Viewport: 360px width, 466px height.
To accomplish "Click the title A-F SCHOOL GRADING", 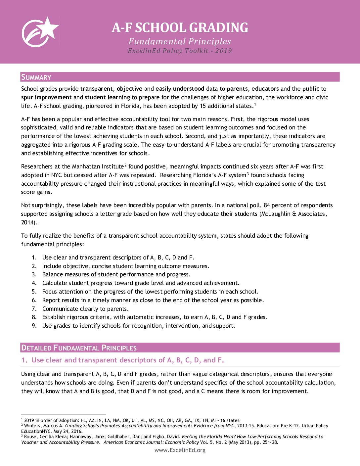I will tap(180, 28).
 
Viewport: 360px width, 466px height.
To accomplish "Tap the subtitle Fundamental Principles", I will tap(180, 41).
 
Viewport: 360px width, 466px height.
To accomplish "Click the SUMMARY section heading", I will tap(36, 77).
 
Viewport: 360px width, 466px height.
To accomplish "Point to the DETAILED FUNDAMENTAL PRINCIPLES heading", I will tap(79, 348).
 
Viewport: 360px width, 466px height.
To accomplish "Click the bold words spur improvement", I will tap(46, 97).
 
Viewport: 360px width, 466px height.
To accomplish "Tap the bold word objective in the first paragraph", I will tap(129, 89).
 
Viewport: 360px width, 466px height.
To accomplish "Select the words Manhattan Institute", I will tap(98, 166).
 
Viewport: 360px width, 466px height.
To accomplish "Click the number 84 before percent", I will tap(267, 205).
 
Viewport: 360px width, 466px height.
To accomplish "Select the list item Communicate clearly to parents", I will tap(85, 309).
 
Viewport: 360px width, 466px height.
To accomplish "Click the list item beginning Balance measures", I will tap(116, 274).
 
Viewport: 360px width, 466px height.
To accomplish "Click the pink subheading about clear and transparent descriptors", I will tap(123, 360).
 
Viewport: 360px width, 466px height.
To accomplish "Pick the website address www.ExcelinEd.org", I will tap(180, 450).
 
